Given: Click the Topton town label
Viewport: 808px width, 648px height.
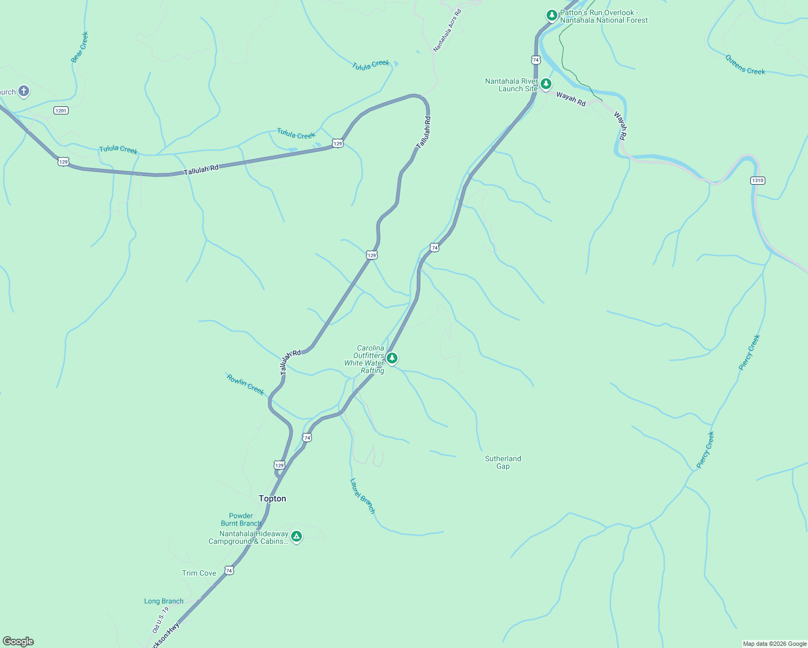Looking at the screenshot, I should tap(272, 498).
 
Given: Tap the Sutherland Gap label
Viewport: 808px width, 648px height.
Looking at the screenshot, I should tap(503, 462).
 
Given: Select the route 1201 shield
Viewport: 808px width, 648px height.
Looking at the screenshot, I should tap(61, 111).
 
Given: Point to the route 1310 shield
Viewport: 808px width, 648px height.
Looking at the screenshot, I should tap(758, 180).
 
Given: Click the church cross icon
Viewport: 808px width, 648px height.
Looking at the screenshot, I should tap(23, 91).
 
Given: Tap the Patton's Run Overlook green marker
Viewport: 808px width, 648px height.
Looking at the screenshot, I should tap(551, 15).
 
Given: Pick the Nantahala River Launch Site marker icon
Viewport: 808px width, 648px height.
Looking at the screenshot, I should tap(546, 84).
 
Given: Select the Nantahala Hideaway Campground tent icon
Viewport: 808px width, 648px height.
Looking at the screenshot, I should tap(296, 536).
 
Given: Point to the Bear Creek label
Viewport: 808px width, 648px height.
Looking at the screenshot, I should tap(79, 48).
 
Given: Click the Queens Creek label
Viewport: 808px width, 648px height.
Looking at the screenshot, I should tap(745, 65).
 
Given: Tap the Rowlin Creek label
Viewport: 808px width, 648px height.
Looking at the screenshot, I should tap(245, 384).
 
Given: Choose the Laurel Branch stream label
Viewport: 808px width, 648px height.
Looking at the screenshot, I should tap(362, 496).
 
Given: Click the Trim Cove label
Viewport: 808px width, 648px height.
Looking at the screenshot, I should tap(199, 573).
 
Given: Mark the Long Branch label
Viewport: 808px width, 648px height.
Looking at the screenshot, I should tap(164, 601).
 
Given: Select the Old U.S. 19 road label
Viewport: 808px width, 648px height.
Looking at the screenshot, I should tap(160, 619).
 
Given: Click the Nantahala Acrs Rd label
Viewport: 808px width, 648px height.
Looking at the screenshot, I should tap(448, 30).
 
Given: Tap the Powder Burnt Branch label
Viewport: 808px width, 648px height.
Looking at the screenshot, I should tap(241, 519).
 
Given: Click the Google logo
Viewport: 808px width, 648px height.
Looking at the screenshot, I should tap(18, 642).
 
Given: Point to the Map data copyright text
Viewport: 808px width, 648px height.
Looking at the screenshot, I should tap(775, 644).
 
